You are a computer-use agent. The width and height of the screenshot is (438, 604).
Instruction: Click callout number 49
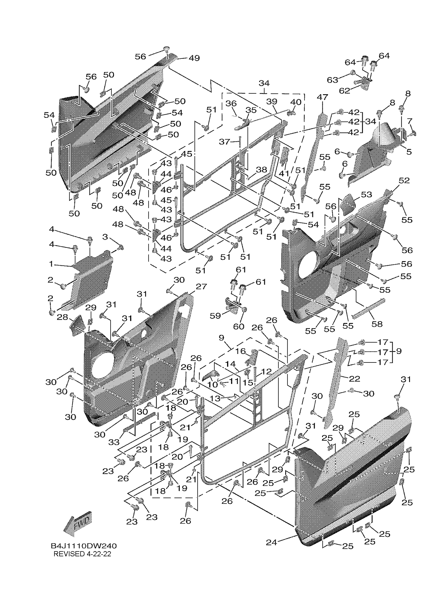point(194,58)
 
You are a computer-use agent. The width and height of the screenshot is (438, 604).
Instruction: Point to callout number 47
point(322,97)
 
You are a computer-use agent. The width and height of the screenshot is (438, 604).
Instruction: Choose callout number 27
point(201,287)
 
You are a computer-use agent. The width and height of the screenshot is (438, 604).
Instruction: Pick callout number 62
point(344,90)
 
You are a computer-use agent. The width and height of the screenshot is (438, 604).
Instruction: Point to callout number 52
point(404,180)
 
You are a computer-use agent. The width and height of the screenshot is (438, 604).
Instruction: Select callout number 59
point(215,316)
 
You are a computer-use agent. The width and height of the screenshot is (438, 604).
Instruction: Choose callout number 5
point(409,152)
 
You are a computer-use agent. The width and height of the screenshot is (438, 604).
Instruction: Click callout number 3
point(105,236)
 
